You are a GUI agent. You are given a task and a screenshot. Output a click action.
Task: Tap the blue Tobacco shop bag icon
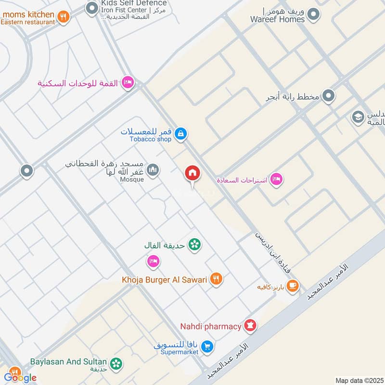(x=180, y=134)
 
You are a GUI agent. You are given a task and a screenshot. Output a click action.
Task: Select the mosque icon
(x=153, y=170)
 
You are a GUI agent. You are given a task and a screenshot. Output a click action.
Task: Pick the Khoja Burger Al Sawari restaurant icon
(x=216, y=279)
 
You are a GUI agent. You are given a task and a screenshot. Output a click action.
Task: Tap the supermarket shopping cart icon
(x=207, y=346)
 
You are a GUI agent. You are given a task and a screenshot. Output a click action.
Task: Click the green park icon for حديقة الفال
(x=194, y=245)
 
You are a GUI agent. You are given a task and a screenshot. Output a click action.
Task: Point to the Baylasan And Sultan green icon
(x=116, y=364)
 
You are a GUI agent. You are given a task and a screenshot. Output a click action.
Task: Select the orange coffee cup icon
(x=292, y=286)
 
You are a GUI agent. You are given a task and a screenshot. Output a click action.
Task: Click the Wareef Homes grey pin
(x=314, y=14)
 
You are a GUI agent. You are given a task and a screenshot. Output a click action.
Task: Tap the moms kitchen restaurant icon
(x=63, y=17)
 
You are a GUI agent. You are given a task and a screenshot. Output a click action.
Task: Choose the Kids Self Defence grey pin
(x=91, y=8)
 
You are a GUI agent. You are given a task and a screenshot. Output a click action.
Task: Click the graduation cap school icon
(x=358, y=116)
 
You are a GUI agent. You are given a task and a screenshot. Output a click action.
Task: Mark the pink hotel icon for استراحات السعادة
(x=276, y=180)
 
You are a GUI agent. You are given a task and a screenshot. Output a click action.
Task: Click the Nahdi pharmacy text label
(x=211, y=326)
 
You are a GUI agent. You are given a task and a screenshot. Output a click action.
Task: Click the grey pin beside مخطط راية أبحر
(x=329, y=96)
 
